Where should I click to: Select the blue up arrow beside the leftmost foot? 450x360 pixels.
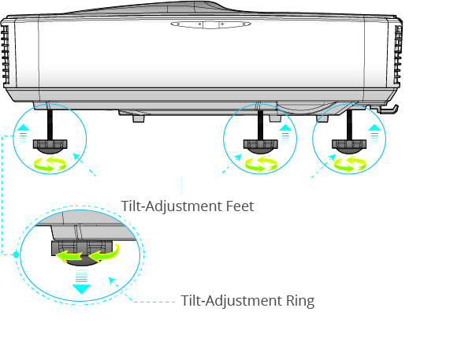(24, 126)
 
